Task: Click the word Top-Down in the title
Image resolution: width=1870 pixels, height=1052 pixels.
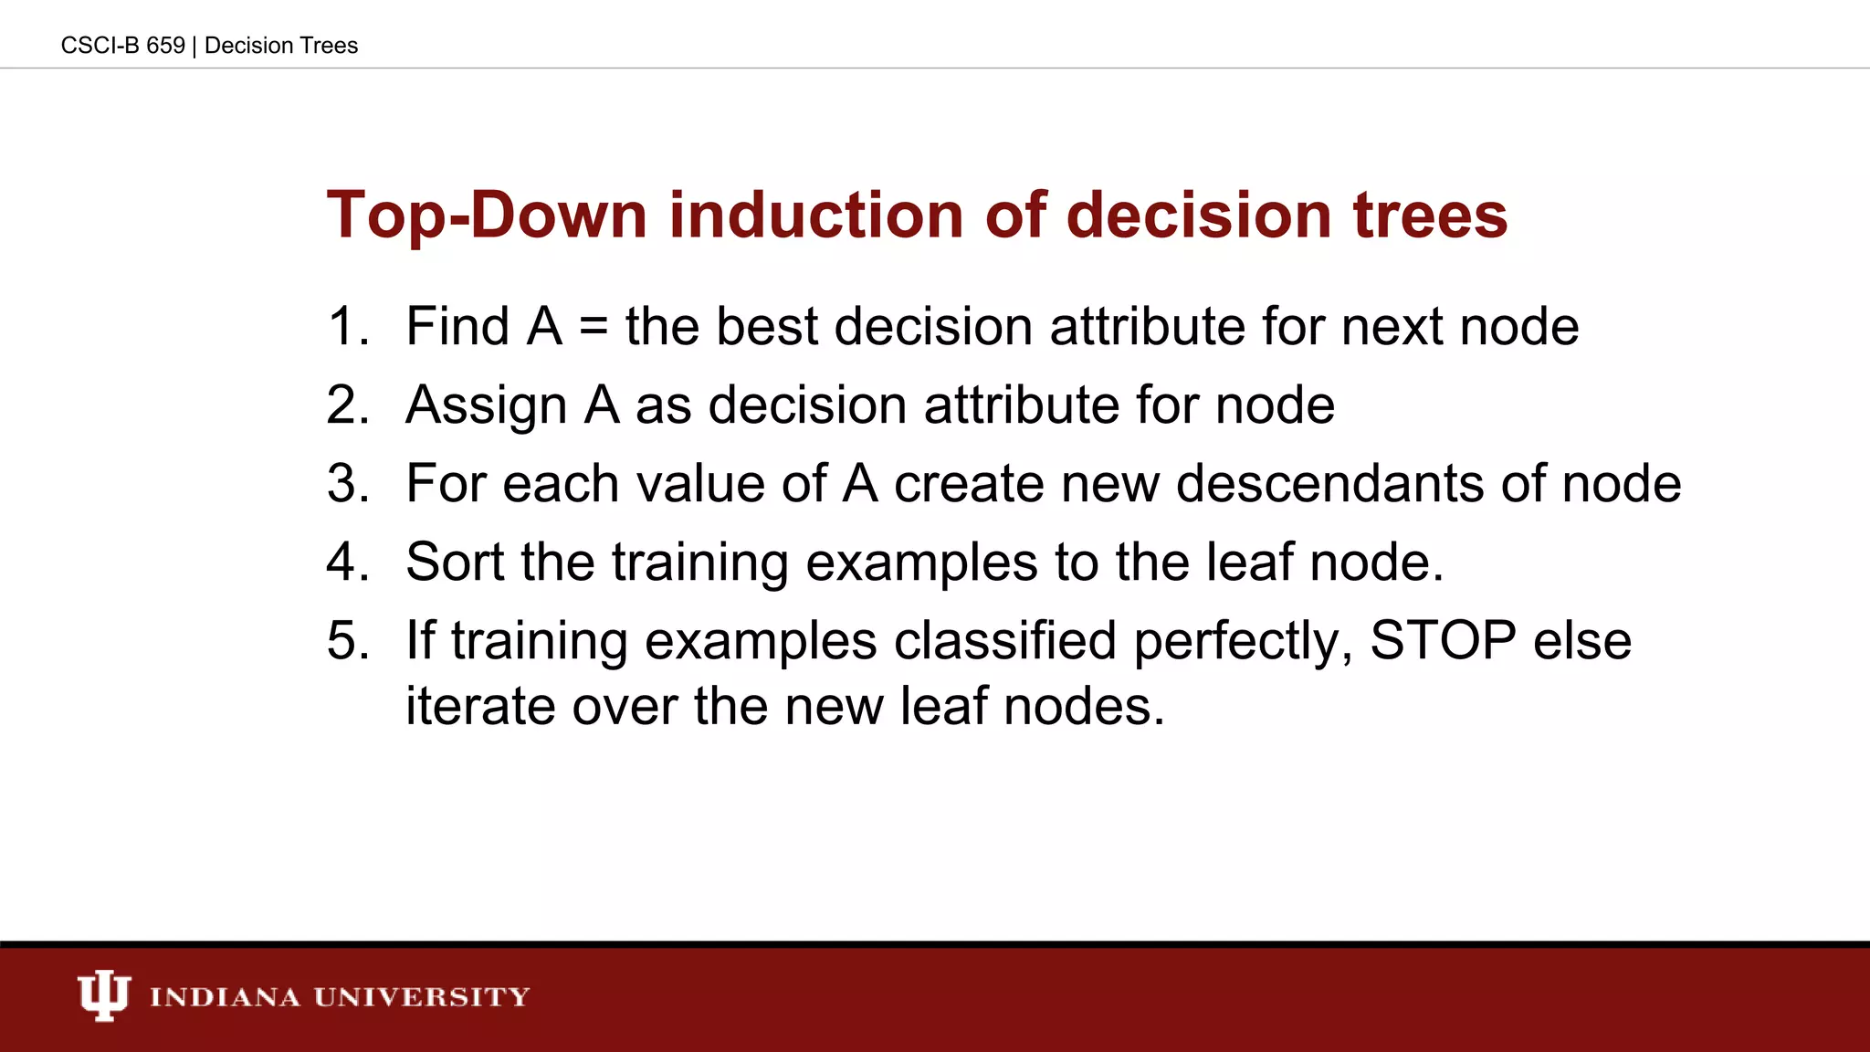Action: click(x=487, y=216)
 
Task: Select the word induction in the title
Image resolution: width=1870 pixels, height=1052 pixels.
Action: click(x=815, y=216)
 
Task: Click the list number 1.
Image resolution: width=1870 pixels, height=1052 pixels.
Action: click(x=348, y=327)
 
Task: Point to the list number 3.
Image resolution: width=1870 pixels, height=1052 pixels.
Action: click(x=348, y=484)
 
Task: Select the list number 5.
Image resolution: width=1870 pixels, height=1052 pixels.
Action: click(x=348, y=641)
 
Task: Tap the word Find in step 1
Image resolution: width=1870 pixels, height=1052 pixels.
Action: click(x=457, y=327)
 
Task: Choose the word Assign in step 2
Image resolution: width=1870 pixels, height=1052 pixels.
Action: click(x=486, y=406)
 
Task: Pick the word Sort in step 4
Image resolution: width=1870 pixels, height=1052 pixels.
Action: click(x=454, y=563)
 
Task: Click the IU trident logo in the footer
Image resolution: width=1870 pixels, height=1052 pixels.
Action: click(x=103, y=995)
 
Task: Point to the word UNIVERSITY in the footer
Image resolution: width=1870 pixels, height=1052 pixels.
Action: click(x=422, y=997)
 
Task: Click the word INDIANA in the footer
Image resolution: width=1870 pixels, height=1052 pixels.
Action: click(x=225, y=997)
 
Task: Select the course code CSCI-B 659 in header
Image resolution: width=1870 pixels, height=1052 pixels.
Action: click(x=122, y=46)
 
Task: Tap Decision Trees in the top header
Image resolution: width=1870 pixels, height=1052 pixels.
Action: click(x=281, y=46)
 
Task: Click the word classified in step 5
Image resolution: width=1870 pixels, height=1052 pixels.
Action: click(x=1004, y=641)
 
